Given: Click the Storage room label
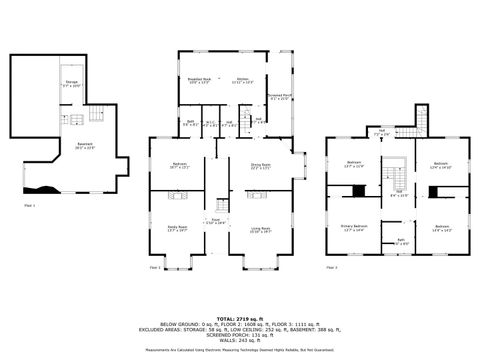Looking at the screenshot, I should [x=72, y=83].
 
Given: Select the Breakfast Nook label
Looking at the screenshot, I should [x=198, y=81].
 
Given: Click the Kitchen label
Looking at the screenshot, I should [x=242, y=81].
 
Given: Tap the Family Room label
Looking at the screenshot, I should [x=180, y=229].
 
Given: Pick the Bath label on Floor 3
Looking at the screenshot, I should [x=400, y=241].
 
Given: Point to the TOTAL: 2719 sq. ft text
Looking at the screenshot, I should [x=240, y=284].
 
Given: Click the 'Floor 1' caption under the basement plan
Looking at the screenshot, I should [x=29, y=206].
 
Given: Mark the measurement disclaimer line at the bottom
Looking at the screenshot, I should [x=240, y=350].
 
